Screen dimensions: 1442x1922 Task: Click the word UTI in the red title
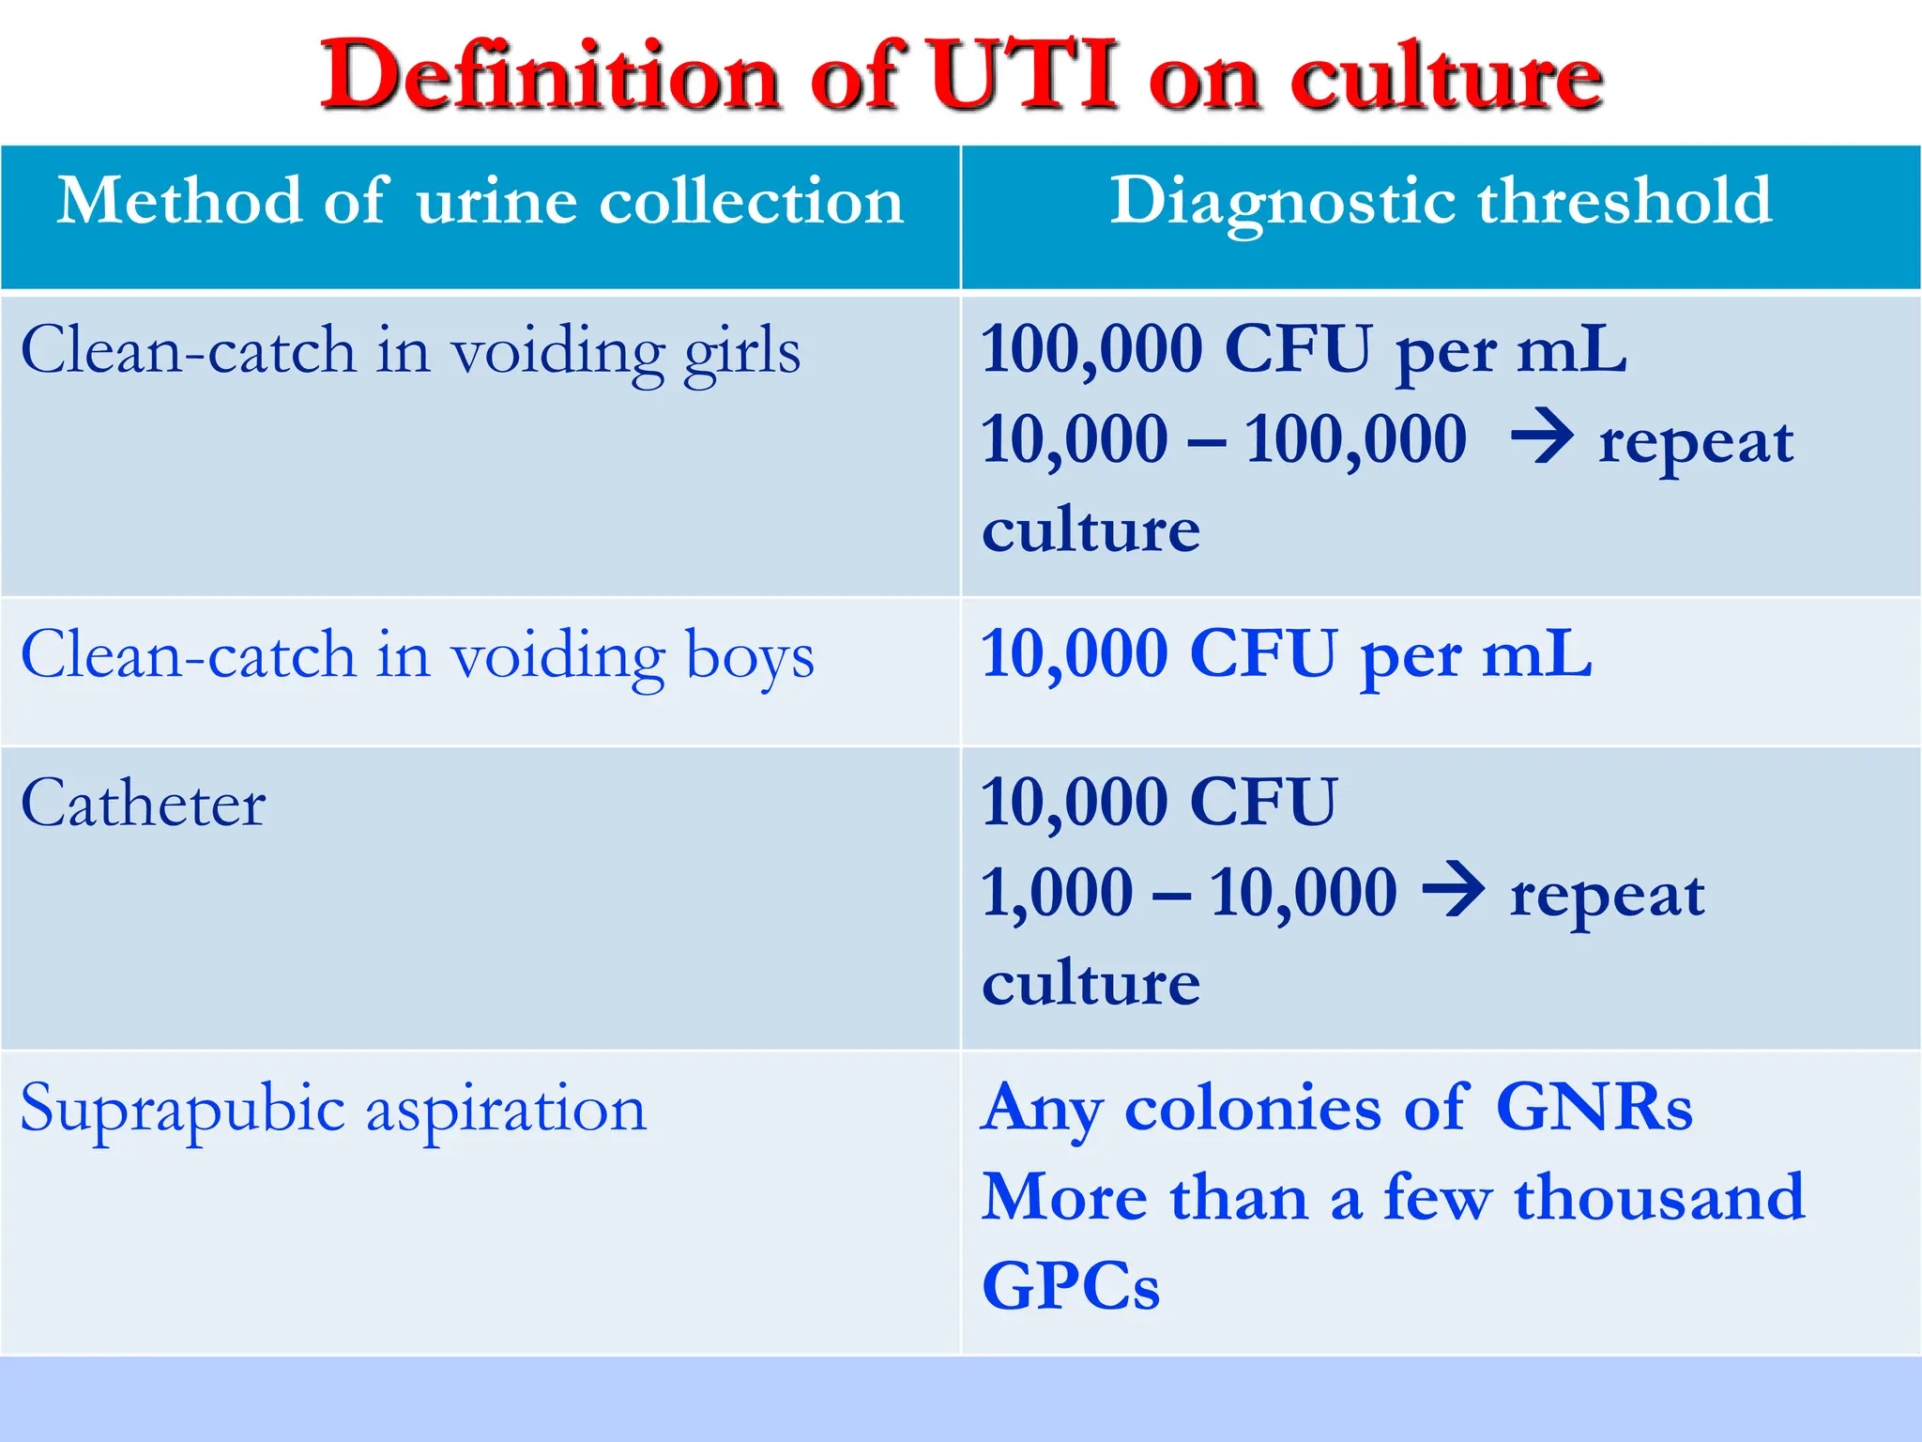coord(1024,76)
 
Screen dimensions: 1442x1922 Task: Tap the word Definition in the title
coord(550,76)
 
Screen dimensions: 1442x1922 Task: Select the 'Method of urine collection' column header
coord(480,201)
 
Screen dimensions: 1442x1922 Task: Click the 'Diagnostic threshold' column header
coord(1441,201)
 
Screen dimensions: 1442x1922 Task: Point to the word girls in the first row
coord(741,353)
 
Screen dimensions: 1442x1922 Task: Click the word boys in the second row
coord(750,655)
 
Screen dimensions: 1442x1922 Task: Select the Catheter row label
coord(144,805)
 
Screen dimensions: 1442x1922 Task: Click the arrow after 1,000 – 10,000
coord(1454,889)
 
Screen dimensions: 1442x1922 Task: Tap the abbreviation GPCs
coord(1071,1286)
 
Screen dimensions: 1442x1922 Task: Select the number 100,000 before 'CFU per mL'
coord(1091,349)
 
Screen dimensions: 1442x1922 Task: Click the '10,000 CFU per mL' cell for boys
coord(1286,654)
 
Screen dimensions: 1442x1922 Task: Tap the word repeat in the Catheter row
coord(1607,895)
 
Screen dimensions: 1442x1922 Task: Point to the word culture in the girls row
coord(1091,530)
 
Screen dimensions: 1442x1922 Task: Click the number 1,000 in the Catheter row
coord(1057,892)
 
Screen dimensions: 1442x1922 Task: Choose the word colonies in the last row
coord(1252,1108)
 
